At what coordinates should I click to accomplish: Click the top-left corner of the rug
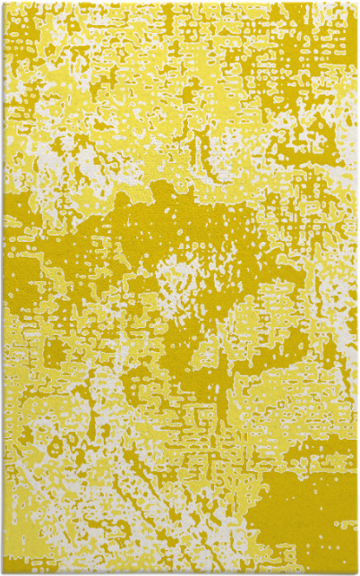tap(3, 3)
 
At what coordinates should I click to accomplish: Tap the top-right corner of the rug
tap(356, 3)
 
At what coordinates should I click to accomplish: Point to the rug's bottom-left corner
tap(3, 572)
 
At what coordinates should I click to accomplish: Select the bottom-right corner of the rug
tap(356, 572)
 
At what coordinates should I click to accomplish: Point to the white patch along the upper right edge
tap(345, 143)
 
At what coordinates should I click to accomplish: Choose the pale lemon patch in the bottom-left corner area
tap(36, 529)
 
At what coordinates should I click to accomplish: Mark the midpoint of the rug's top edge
tap(180, 3)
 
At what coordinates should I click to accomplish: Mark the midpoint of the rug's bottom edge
tap(180, 572)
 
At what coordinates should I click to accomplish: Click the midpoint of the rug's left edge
tap(3, 288)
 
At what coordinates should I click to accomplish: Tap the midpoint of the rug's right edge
tap(356, 288)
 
